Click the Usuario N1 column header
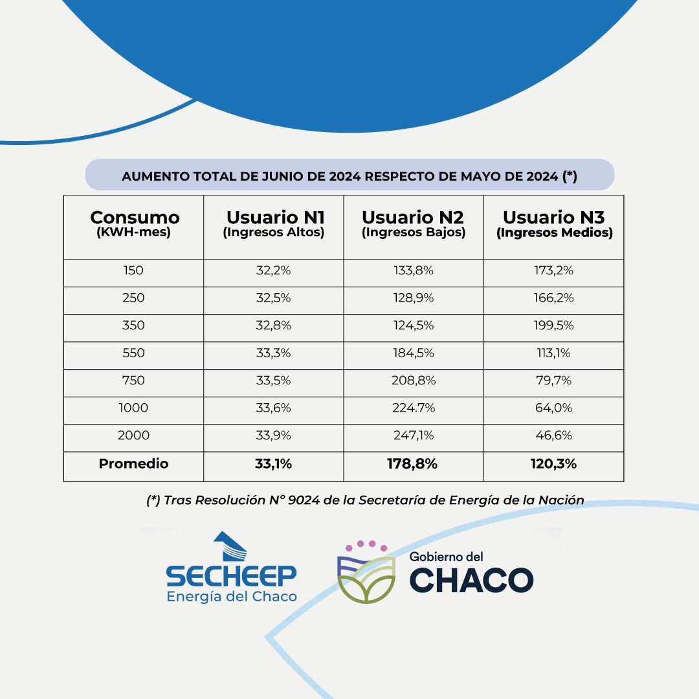[x=273, y=224]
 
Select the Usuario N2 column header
[x=413, y=224]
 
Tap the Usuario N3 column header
[x=554, y=224]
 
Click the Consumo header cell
[x=134, y=224]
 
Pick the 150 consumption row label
[x=133, y=271]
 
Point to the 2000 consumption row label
[x=133, y=436]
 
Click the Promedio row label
[x=133, y=463]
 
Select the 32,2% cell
[x=273, y=271]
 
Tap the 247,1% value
[x=413, y=436]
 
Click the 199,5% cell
[x=554, y=326]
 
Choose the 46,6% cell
[x=554, y=436]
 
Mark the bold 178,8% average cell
[x=413, y=463]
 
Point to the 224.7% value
[x=413, y=408]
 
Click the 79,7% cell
[x=554, y=381]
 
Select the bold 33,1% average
[x=273, y=463]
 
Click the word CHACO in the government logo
[x=472, y=579]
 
